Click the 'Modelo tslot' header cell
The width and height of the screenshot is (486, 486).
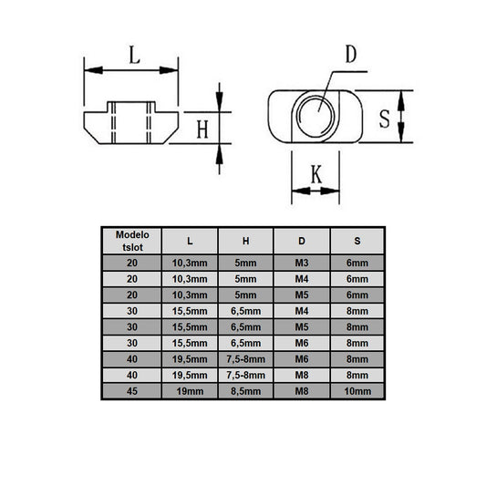pyautogui.click(x=130, y=240)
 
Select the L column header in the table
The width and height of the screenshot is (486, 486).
pyautogui.click(x=189, y=241)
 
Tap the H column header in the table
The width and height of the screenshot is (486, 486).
pyautogui.click(x=245, y=241)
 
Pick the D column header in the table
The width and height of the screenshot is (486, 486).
pyautogui.click(x=302, y=241)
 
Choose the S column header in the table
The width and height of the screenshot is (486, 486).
pyautogui.click(x=357, y=241)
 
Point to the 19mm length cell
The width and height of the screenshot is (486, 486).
pyautogui.click(x=189, y=390)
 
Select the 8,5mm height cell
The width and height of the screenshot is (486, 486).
pyautogui.click(x=245, y=390)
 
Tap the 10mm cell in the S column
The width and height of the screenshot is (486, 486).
pyautogui.click(x=357, y=390)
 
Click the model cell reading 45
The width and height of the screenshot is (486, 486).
pyautogui.click(x=130, y=390)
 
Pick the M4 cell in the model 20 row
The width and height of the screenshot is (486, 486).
pyautogui.click(x=302, y=278)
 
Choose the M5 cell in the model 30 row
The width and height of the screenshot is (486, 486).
pyautogui.click(x=302, y=326)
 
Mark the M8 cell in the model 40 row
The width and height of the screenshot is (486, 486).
pyautogui.click(x=302, y=374)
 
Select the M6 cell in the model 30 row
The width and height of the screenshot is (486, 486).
pyautogui.click(x=302, y=342)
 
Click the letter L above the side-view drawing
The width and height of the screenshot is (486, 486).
pyautogui.click(x=133, y=56)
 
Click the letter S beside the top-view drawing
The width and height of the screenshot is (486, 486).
pyautogui.click(x=385, y=117)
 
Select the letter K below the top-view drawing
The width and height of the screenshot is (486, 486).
pyautogui.click(x=315, y=173)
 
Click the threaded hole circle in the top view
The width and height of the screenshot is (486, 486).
pyautogui.click(x=315, y=115)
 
